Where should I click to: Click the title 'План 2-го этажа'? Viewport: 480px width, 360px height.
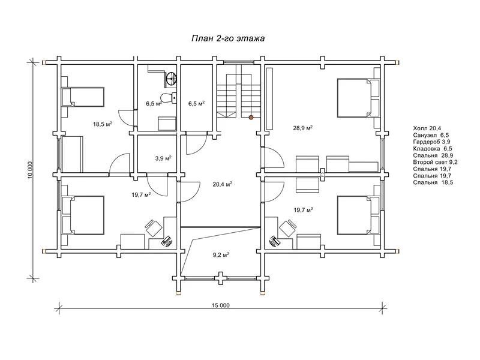[x=228, y=38]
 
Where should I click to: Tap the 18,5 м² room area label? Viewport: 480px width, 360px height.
[x=103, y=124]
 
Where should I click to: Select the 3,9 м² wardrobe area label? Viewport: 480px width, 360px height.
[x=163, y=158]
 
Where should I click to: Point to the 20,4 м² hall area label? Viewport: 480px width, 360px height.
[x=222, y=184]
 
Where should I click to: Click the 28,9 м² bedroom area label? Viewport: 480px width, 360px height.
[x=303, y=128]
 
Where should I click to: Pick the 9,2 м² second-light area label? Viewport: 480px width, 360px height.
[x=221, y=254]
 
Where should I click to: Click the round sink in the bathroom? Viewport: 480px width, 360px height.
[x=171, y=78]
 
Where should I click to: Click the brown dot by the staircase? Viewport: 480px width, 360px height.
[x=251, y=117]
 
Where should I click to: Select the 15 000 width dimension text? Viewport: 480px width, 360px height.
[x=220, y=305]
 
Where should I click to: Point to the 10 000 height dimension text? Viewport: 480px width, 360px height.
[x=30, y=170]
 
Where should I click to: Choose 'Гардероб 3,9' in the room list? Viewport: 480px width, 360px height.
[x=431, y=142]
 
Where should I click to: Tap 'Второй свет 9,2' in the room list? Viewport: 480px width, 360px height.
[x=436, y=162]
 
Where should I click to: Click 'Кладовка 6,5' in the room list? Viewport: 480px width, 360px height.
[x=433, y=149]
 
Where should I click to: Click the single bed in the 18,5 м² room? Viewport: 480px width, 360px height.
[x=83, y=97]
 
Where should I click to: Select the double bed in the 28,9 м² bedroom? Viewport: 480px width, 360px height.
[x=358, y=98]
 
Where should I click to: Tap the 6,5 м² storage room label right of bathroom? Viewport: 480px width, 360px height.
[x=196, y=103]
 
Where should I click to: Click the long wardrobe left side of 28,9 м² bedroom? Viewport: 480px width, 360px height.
[x=269, y=98]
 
